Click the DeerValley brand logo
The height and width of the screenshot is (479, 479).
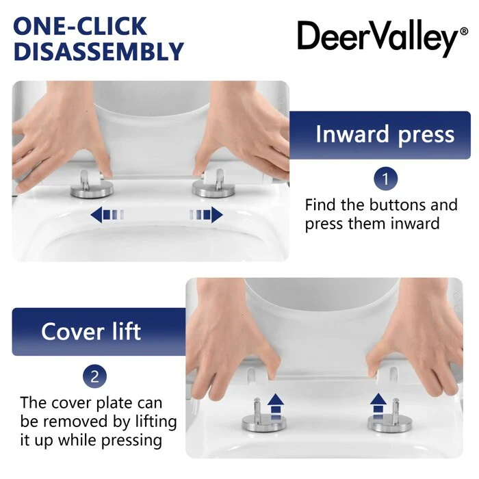(x=382, y=38)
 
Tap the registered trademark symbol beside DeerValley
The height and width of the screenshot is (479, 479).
(x=464, y=31)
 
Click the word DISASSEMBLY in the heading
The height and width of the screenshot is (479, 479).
(x=99, y=51)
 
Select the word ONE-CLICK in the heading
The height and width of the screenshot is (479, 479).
(x=80, y=26)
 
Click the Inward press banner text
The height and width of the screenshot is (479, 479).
(x=385, y=134)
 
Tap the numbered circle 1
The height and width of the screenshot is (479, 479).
(x=385, y=179)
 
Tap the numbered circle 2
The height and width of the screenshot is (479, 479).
(x=94, y=376)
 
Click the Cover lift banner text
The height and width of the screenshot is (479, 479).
(x=91, y=331)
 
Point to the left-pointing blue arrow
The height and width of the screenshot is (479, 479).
(x=107, y=214)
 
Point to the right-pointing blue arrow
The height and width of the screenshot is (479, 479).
(x=206, y=214)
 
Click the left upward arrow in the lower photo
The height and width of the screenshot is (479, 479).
(x=276, y=406)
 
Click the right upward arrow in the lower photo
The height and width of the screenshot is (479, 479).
(x=378, y=406)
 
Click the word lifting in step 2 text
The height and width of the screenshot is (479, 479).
(x=156, y=422)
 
